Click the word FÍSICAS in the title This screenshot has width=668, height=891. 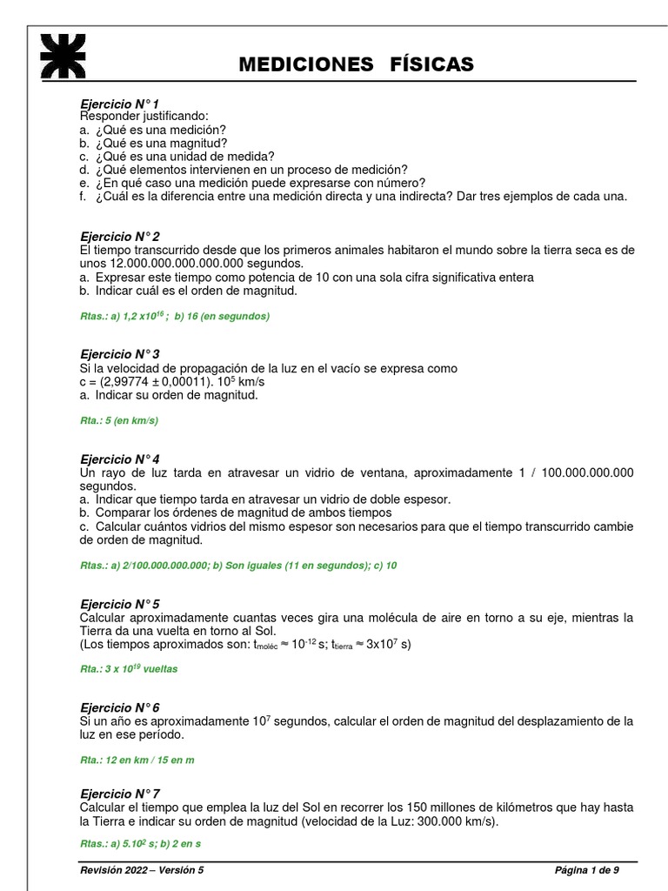tap(420, 64)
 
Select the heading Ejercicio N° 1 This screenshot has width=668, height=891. tap(119, 104)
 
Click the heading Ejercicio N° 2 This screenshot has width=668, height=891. tap(119, 237)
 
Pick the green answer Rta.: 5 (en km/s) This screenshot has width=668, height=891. tap(119, 421)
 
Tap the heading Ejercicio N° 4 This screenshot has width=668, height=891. tap(119, 459)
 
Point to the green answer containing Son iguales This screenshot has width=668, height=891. tap(237, 566)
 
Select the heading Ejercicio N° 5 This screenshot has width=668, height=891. tap(119, 604)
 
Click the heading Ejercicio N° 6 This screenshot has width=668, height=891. tap(119, 707)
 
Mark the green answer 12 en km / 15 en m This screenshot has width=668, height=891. tap(137, 760)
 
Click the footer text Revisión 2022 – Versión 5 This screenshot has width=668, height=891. tap(143, 870)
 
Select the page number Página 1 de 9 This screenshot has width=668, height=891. tap(587, 870)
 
